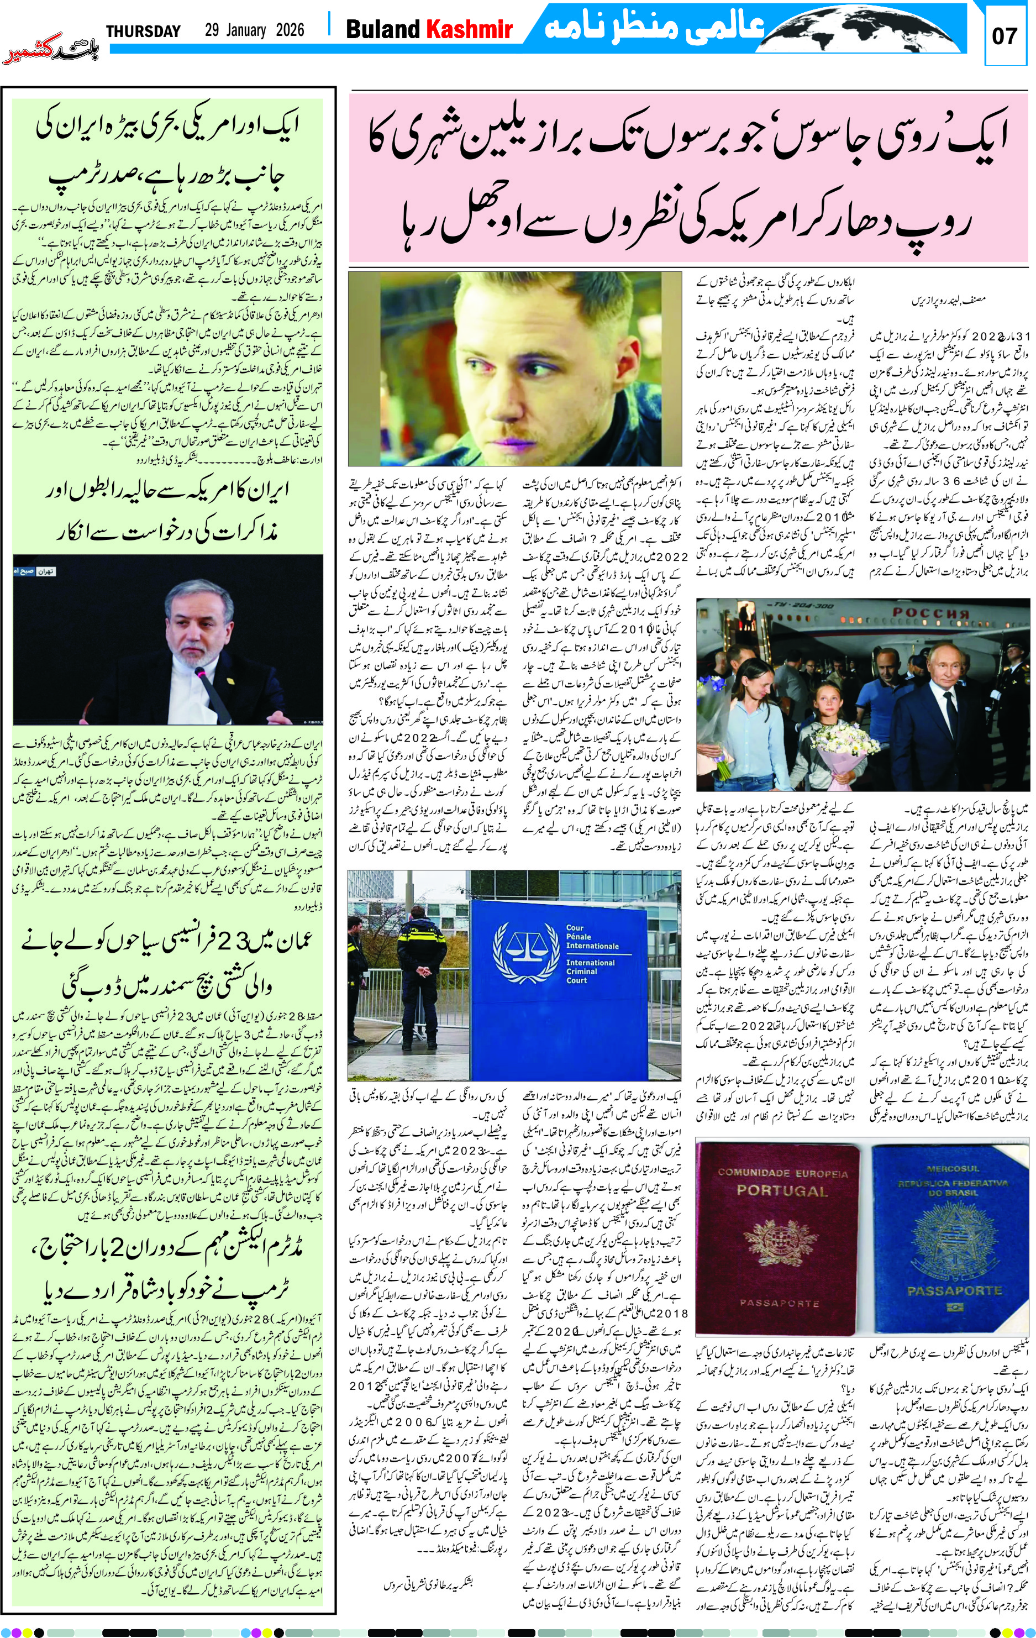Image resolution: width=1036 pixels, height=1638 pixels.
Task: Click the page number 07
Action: (1004, 36)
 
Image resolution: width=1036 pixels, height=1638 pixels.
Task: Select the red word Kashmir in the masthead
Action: (469, 29)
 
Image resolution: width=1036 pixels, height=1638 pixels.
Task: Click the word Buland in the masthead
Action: (383, 29)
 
